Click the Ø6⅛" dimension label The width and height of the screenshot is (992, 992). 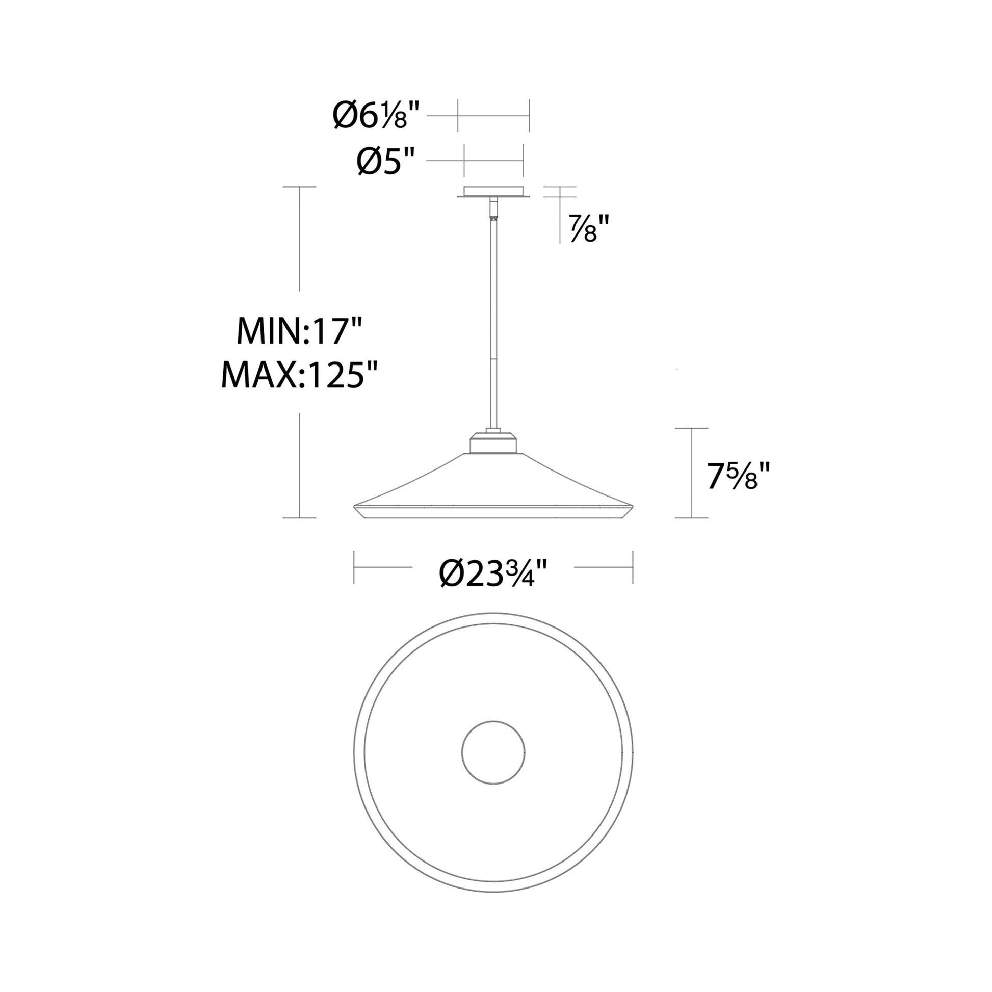(x=376, y=116)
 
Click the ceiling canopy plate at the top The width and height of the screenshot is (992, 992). (x=493, y=192)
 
